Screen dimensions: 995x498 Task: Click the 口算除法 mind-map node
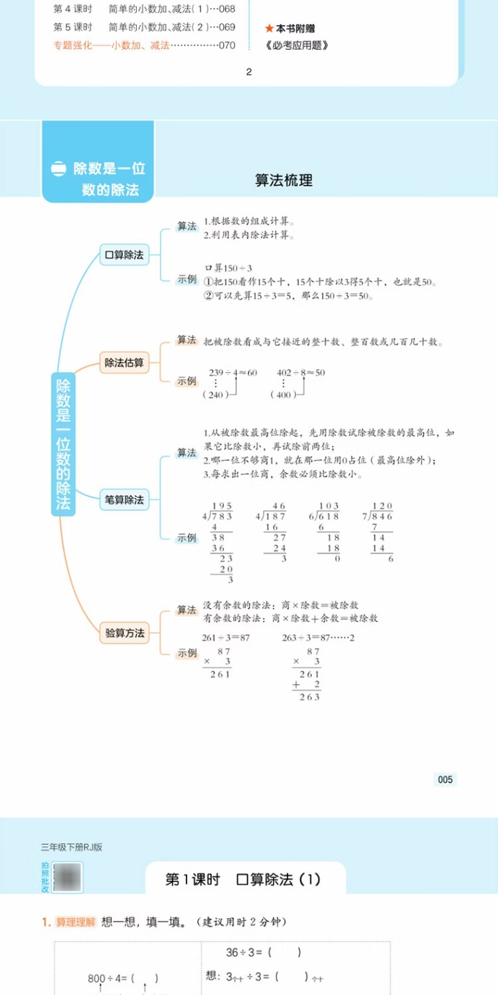click(x=124, y=255)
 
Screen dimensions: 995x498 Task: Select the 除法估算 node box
click(x=124, y=363)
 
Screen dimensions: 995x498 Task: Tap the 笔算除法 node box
click(x=124, y=499)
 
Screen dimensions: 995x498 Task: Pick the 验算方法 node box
click(x=124, y=633)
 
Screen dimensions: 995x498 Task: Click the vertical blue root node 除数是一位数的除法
click(x=63, y=444)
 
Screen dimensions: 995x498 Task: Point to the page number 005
click(x=445, y=779)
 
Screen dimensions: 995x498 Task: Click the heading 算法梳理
click(x=284, y=180)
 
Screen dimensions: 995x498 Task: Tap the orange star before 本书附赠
click(x=269, y=29)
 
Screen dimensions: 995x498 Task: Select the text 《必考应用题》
click(x=296, y=46)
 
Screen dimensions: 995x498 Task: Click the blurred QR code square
click(x=67, y=878)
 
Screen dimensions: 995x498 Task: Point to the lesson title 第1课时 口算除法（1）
click(x=243, y=880)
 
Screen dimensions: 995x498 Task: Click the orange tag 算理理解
click(x=76, y=922)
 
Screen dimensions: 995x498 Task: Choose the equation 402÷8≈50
click(x=301, y=373)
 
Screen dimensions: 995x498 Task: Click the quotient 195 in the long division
click(x=221, y=506)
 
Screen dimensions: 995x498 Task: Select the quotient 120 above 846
click(x=382, y=506)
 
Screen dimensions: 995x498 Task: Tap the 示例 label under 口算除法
click(x=187, y=279)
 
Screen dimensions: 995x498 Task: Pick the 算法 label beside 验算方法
click(x=187, y=610)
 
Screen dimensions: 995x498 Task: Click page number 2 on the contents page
click(x=249, y=72)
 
